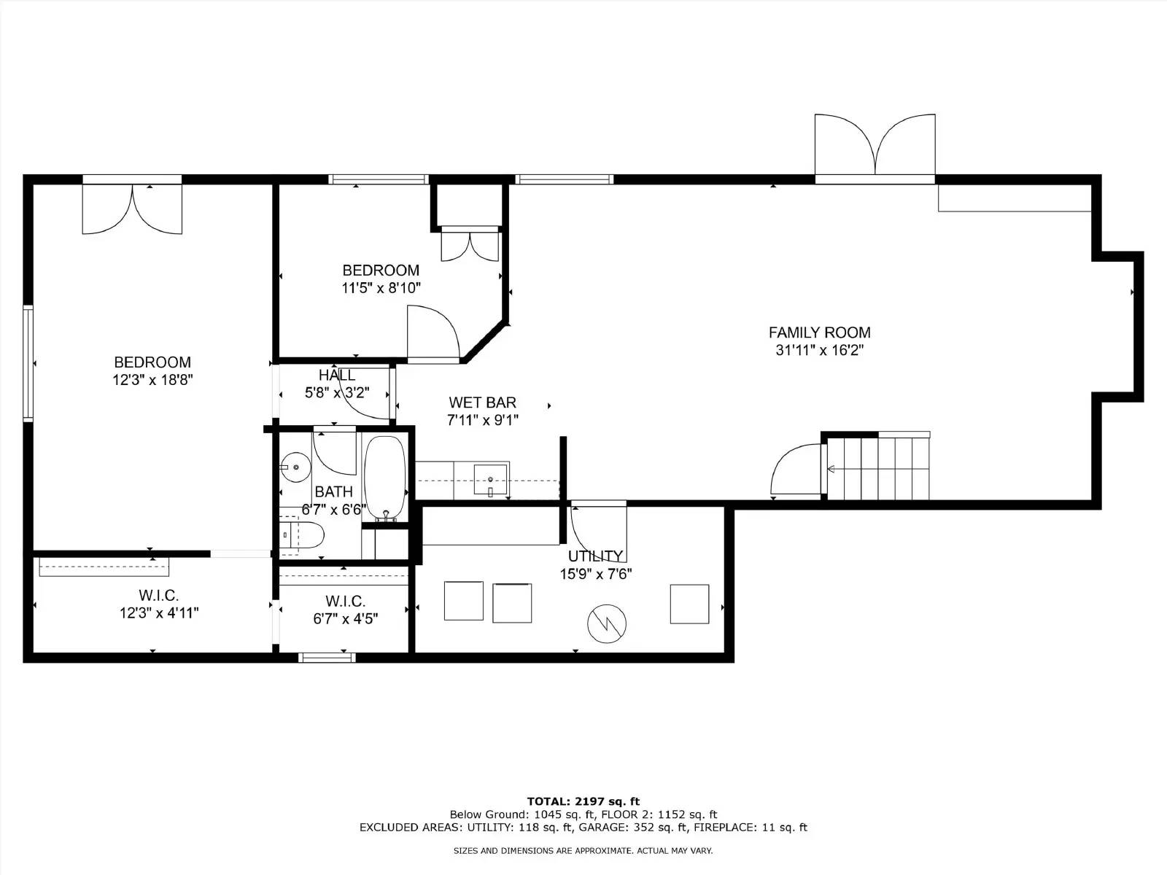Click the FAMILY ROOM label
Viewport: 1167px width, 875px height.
[819, 332]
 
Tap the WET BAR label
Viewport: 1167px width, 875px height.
[482, 402]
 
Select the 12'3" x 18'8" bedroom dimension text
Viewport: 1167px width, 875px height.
[152, 380]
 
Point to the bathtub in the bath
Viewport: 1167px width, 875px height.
[384, 478]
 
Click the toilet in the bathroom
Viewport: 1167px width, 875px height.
[302, 535]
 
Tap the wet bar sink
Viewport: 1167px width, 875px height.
[491, 480]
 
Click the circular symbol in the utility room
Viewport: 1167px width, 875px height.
[607, 623]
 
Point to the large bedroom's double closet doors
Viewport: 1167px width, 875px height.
[132, 209]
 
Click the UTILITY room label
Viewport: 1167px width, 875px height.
[595, 556]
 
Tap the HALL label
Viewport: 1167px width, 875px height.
[336, 376]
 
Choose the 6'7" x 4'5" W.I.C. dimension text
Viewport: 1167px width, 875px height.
[345, 619]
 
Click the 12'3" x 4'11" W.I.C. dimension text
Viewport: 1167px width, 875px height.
[159, 613]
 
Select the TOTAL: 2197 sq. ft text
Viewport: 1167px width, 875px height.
[583, 801]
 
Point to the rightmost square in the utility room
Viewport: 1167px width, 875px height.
[689, 604]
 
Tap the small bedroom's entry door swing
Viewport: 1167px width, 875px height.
[432, 333]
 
